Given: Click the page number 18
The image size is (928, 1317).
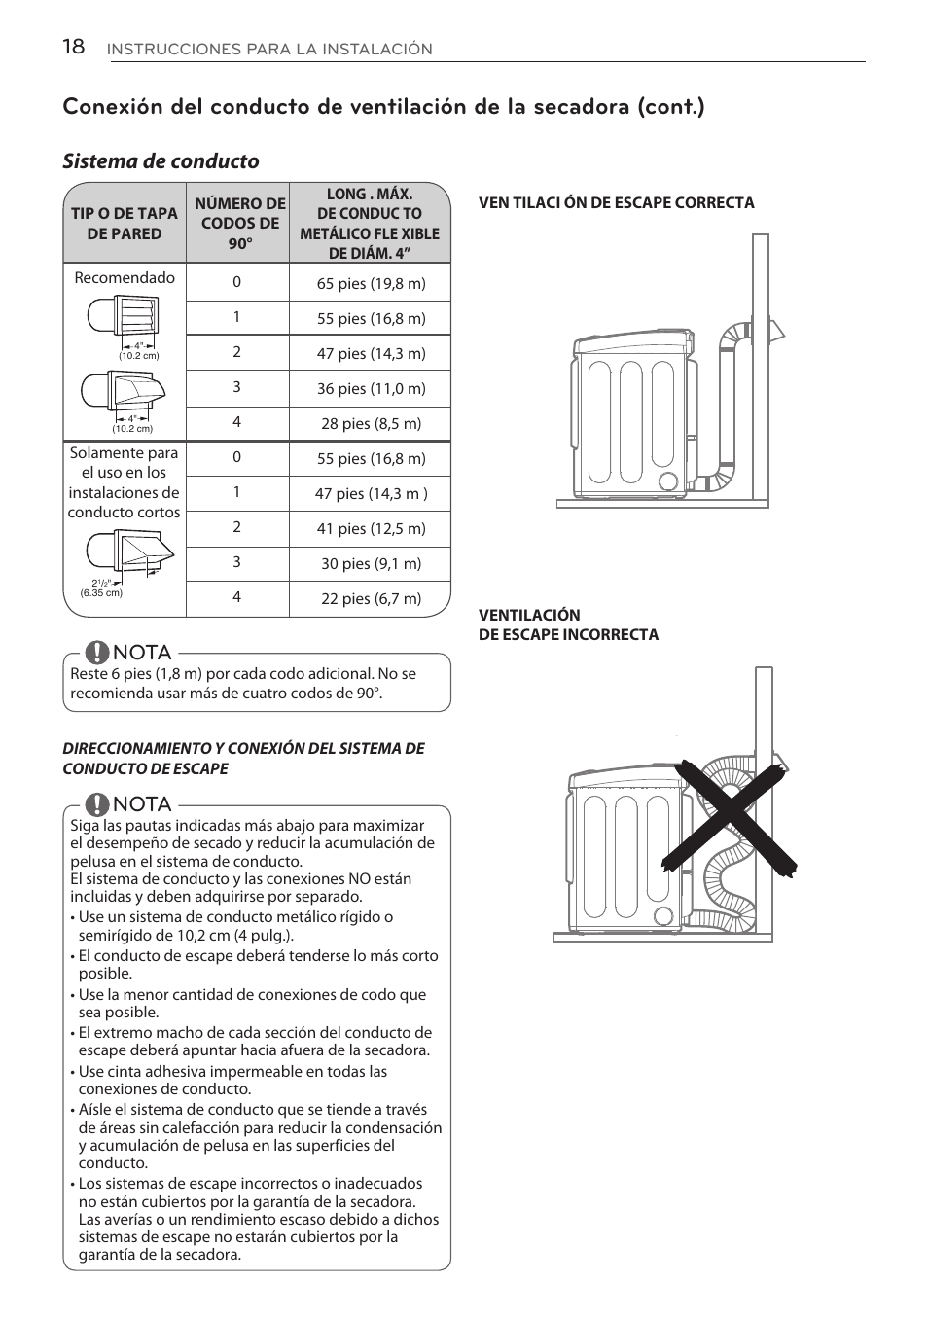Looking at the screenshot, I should (x=73, y=47).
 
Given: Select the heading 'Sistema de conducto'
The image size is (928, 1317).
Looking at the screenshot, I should (x=161, y=161).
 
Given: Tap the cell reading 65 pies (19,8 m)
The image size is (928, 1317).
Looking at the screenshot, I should (x=371, y=283).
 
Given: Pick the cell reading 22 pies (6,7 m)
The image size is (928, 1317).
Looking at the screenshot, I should (x=371, y=598).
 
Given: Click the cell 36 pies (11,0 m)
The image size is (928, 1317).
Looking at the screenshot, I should (x=371, y=388).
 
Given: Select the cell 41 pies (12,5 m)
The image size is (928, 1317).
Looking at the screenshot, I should (x=371, y=528).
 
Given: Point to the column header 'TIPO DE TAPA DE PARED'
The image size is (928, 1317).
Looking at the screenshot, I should (x=125, y=224).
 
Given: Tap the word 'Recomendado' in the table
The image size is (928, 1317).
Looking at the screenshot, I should (x=125, y=277).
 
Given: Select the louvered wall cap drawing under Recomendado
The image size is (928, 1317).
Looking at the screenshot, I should (x=124, y=316).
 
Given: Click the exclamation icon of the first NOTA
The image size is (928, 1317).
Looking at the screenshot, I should (x=96, y=652).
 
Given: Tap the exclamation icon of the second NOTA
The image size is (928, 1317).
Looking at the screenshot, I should (x=96, y=804).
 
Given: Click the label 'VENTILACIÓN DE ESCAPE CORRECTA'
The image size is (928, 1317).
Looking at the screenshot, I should (x=616, y=203).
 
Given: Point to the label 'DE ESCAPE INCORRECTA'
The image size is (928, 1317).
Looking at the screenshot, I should (x=568, y=635).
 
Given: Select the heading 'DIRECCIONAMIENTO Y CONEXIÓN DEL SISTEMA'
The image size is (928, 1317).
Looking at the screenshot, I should (x=243, y=748).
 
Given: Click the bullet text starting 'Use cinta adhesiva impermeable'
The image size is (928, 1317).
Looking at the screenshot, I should (x=232, y=1080).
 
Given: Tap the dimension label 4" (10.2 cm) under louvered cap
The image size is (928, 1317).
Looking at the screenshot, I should (x=139, y=350).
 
